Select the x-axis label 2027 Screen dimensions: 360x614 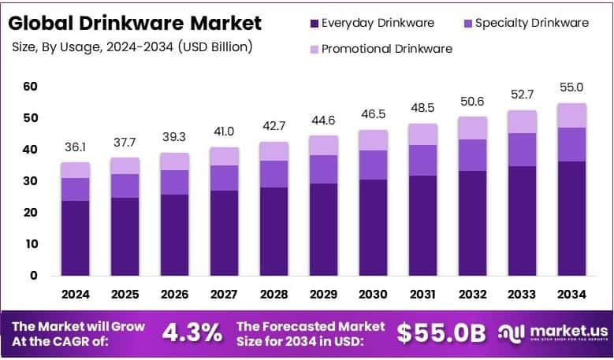click(x=225, y=295)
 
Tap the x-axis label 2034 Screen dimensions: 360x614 click(x=571, y=295)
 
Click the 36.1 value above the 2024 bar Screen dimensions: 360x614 click(x=76, y=147)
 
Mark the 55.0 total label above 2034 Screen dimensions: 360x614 click(x=571, y=87)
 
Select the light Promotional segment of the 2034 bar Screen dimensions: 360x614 click(x=571, y=115)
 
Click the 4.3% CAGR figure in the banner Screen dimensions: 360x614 click(x=192, y=332)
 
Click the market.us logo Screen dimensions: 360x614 click(x=552, y=332)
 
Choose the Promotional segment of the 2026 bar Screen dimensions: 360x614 click(x=175, y=161)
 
